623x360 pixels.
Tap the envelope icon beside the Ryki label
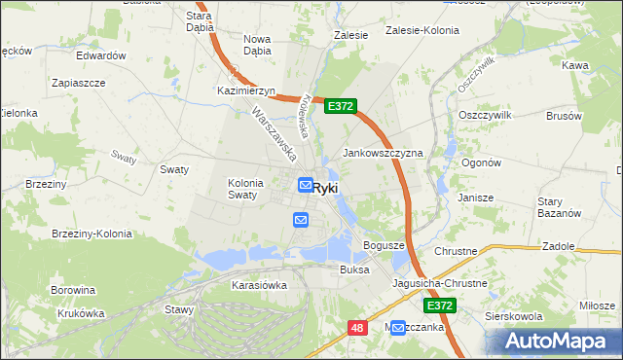click(305, 185)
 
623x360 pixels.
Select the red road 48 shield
click(357, 329)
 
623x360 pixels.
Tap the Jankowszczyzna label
click(383, 154)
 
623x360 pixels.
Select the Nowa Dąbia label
click(257, 45)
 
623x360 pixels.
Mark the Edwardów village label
click(101, 55)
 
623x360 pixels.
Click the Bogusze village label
click(384, 245)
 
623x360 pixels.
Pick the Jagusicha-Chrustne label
click(439, 283)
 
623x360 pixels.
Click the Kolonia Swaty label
click(242, 188)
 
